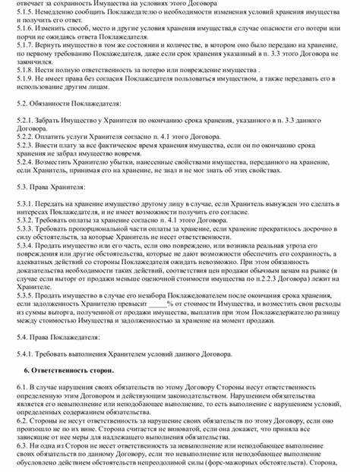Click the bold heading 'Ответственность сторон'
tap(73, 414)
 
